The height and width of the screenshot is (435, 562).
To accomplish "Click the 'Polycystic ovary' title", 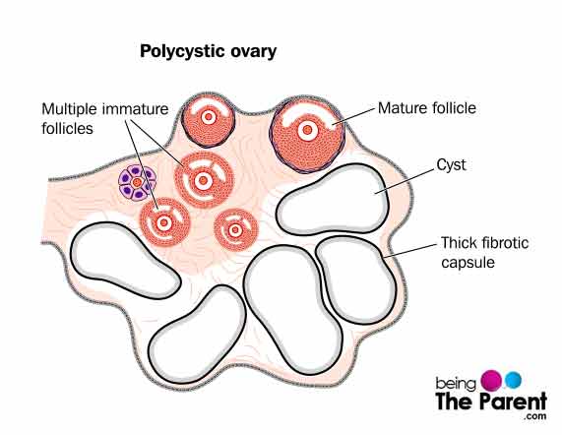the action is pos(208,52).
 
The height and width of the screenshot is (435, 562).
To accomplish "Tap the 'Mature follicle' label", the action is pos(427,108).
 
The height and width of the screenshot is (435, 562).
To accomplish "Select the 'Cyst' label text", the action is pos(451,165).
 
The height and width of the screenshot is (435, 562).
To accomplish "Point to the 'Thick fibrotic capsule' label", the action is pos(484,252).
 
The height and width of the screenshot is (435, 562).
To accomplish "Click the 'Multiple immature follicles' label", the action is pos(105,119).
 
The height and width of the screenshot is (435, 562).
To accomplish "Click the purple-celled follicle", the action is pos(138,182).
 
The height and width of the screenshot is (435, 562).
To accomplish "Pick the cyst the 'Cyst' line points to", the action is pos(333,200).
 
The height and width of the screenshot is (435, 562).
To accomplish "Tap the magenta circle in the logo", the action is pos(492,381).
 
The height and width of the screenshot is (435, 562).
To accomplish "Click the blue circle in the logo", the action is pos(513,380).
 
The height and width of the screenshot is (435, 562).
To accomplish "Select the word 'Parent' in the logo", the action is pos(513,402).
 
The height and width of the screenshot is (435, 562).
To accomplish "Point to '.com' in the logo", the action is pos(534,416).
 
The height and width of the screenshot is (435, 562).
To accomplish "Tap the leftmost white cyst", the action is pos(125,261).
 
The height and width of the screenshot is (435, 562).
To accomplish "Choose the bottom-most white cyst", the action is pos(198,335).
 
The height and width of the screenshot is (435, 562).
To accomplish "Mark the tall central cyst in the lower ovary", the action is pos(293,310).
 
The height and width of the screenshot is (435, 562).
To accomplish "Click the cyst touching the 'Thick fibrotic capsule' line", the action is pos(356,280).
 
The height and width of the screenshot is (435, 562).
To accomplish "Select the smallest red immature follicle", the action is pos(236,230).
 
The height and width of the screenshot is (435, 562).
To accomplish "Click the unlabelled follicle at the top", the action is pos(209,120).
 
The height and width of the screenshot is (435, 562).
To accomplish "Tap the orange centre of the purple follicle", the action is pos(137,182).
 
